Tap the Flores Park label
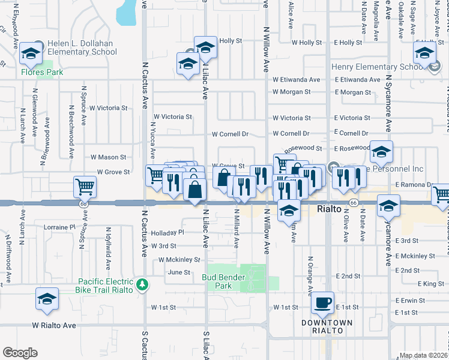point(34,73)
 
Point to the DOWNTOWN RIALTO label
point(327,328)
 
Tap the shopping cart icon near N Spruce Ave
point(85,187)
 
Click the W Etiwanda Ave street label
point(296,79)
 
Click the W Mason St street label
point(108,157)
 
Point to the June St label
point(179,272)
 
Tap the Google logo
point(20,353)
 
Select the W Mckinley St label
point(179,260)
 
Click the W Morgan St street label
point(291,92)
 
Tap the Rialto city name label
point(329,209)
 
